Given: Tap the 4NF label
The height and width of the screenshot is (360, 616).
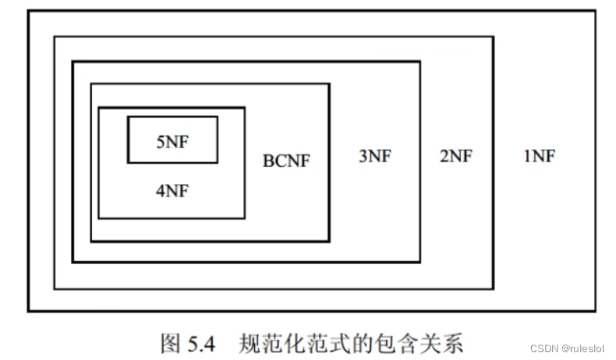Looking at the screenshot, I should pyautogui.click(x=172, y=190).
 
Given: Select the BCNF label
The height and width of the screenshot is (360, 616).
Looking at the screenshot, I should pyautogui.click(x=286, y=161).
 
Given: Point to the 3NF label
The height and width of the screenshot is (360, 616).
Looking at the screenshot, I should pyautogui.click(x=374, y=156).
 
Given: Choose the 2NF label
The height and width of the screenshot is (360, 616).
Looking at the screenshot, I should pyautogui.click(x=455, y=156).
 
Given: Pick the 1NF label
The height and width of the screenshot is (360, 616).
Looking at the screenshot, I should pyautogui.click(x=539, y=156).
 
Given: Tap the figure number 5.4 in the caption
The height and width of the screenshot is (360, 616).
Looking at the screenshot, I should pyautogui.click(x=203, y=342).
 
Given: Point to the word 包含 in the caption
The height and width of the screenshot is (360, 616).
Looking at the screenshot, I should pyautogui.click(x=398, y=342).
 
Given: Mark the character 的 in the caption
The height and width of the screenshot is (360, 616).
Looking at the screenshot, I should pyautogui.click(x=365, y=342).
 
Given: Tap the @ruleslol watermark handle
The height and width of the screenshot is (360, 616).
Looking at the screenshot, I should pyautogui.click(x=582, y=348).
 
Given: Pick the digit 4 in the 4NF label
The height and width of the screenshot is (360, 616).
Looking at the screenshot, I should pyautogui.click(x=159, y=190).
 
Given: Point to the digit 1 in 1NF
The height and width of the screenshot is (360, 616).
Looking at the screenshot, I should pyautogui.click(x=526, y=156).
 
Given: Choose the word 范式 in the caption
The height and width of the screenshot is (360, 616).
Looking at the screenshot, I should pyautogui.click(x=331, y=342).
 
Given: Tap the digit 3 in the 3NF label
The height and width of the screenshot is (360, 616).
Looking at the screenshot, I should pyautogui.click(x=363, y=156).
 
